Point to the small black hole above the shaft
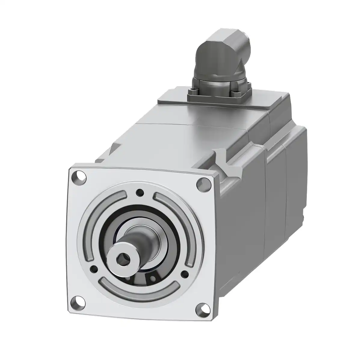click(x=139, y=192)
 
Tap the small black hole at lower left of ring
click(x=95, y=268)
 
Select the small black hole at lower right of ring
click(x=184, y=273)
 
